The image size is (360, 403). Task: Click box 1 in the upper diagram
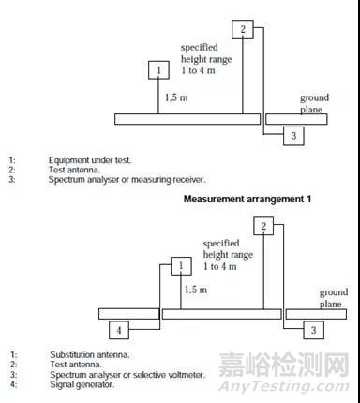coord(158,71)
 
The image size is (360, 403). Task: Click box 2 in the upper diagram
coord(243,30)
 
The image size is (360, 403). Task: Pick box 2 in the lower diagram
coord(264,226)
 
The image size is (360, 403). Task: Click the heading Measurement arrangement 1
coord(247,200)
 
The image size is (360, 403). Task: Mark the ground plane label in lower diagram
coord(333,298)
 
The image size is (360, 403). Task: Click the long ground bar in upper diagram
coord(187,119)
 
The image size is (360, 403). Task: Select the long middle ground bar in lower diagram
coord(221,314)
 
